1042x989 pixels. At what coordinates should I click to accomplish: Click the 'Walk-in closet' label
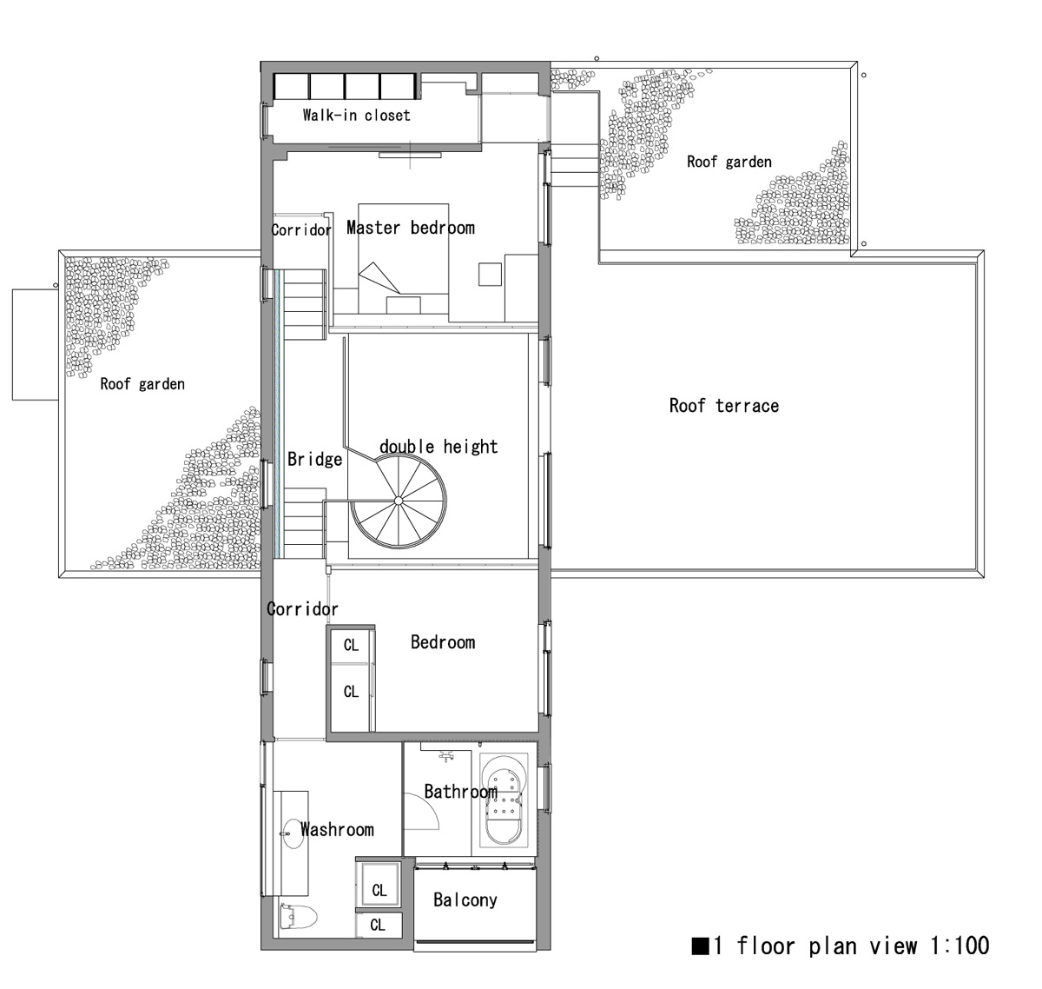(x=356, y=115)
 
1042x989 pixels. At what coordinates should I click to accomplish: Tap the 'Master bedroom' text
(x=410, y=228)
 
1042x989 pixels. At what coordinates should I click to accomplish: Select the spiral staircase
(x=398, y=501)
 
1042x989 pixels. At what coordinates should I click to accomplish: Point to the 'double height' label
(x=439, y=447)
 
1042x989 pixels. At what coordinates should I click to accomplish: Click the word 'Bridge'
(x=315, y=459)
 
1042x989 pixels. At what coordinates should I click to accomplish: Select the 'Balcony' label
(x=465, y=899)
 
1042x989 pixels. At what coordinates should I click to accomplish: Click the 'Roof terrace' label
(x=724, y=406)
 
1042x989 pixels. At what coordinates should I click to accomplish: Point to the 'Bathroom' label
(x=460, y=792)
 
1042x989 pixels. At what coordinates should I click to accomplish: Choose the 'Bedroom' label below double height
(x=443, y=642)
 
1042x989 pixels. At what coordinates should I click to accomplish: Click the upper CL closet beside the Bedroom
(x=351, y=645)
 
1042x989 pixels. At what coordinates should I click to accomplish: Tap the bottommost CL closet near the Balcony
(x=379, y=925)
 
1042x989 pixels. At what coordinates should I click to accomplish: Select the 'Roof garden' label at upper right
(x=729, y=162)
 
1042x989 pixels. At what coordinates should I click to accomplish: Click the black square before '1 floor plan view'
(x=700, y=946)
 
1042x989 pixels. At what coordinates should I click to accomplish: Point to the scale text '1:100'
(x=960, y=946)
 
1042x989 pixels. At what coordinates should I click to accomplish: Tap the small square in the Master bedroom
(x=490, y=275)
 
